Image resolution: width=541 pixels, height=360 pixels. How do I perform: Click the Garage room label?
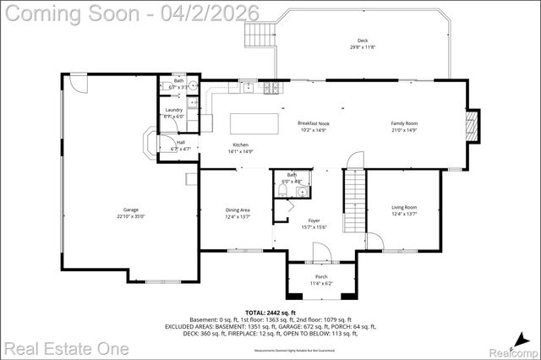pos(130,210)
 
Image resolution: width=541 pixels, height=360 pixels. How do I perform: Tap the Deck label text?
pos(363,41)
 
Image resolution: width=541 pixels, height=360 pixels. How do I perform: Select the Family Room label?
pos(404,123)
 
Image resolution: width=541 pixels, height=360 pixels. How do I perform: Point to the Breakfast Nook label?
pos(312,123)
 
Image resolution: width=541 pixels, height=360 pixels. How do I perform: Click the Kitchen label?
pos(240,145)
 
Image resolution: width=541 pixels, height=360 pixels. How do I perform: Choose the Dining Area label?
pos(238,210)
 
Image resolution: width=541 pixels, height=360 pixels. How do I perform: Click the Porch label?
pos(321,276)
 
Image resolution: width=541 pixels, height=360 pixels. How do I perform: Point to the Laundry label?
pos(174,110)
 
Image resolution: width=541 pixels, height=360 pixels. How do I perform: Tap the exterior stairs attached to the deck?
pos(257,35)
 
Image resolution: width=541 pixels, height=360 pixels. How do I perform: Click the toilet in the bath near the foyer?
pos(283,191)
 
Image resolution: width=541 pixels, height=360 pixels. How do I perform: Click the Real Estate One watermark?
pos(65,348)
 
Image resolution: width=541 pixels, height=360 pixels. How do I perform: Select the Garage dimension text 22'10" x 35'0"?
pos(130,216)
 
